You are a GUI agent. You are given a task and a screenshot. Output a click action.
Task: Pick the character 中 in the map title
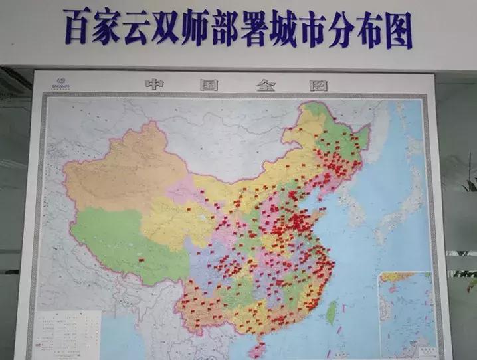tap(155, 84)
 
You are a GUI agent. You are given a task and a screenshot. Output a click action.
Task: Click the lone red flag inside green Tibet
tap(141, 259)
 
